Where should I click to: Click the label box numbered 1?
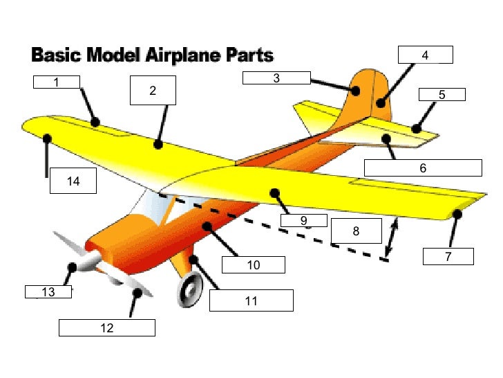57,82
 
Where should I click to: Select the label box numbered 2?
153,90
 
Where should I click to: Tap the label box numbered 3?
276,78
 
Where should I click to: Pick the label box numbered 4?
425,55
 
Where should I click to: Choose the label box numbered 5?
442,95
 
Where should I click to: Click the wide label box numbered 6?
422,168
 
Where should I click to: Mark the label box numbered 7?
448,256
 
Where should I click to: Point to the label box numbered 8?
356,231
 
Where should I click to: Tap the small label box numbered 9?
303,221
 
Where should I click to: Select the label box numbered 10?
253,264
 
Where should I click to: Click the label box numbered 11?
251,300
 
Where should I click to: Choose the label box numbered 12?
106,327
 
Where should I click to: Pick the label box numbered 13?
48,291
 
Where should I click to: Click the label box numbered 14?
73,181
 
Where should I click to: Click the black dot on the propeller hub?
71,267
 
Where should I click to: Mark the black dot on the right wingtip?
457,215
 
